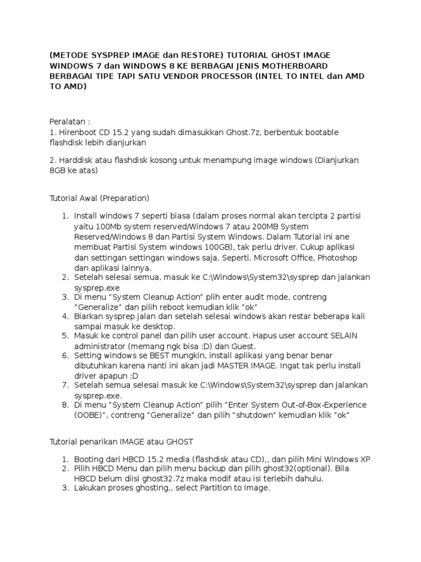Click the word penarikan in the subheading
point(95,441)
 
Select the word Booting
point(89,459)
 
